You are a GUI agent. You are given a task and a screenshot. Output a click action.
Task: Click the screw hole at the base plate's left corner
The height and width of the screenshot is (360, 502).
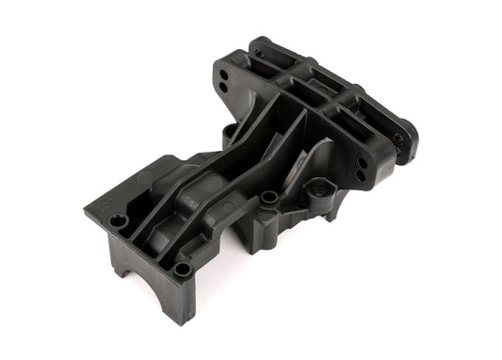coord(118,221)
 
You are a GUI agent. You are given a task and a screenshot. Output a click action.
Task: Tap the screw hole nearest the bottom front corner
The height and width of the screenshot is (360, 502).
coord(182,270)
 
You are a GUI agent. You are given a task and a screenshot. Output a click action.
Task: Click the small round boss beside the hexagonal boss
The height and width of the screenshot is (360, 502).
coord(269,197)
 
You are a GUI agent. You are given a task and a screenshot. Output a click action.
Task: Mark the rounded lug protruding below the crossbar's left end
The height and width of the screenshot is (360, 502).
coord(228,133)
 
